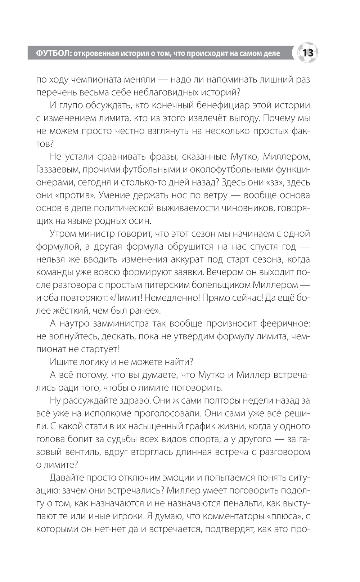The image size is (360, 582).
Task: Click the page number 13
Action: click(x=308, y=53)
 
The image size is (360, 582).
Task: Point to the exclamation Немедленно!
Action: click(x=168, y=298)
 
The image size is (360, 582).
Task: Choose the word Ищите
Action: click(x=63, y=362)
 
